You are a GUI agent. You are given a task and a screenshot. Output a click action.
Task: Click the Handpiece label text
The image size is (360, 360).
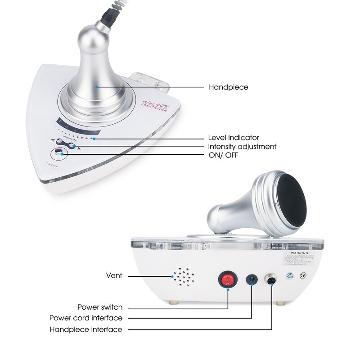pyautogui.click(x=228, y=87)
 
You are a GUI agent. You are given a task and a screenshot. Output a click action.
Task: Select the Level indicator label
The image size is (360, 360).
pyautogui.click(x=233, y=138)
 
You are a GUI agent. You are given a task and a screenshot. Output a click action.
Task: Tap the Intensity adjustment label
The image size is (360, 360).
pyautogui.click(x=242, y=147)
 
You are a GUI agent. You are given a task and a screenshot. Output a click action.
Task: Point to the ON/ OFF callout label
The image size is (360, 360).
pyautogui.click(x=223, y=155)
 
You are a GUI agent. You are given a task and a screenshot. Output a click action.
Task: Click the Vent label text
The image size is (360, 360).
pyautogui.click(x=114, y=275)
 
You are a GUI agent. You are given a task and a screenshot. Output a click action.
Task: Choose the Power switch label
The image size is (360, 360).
pyautogui.click(x=99, y=307)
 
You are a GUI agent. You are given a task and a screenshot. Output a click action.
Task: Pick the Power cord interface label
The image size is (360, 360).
pyautogui.click(x=85, y=318)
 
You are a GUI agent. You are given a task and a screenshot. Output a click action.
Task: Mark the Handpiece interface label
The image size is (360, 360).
pyautogui.click(x=85, y=329)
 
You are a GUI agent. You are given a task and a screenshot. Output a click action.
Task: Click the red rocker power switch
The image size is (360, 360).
pyautogui.click(x=228, y=280)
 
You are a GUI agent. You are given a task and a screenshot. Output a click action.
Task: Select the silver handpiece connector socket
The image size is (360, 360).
pyautogui.click(x=272, y=280)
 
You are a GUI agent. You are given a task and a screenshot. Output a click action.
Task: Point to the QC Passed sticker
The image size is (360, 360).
pyautogui.click(x=289, y=275)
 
